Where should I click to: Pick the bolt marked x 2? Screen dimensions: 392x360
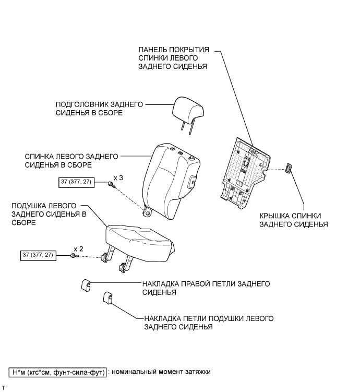click(74, 255)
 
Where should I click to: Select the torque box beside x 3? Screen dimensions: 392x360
click(78, 182)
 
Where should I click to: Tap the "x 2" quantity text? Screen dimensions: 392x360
click(78, 248)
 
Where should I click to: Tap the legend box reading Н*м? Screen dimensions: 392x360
click(57, 372)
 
